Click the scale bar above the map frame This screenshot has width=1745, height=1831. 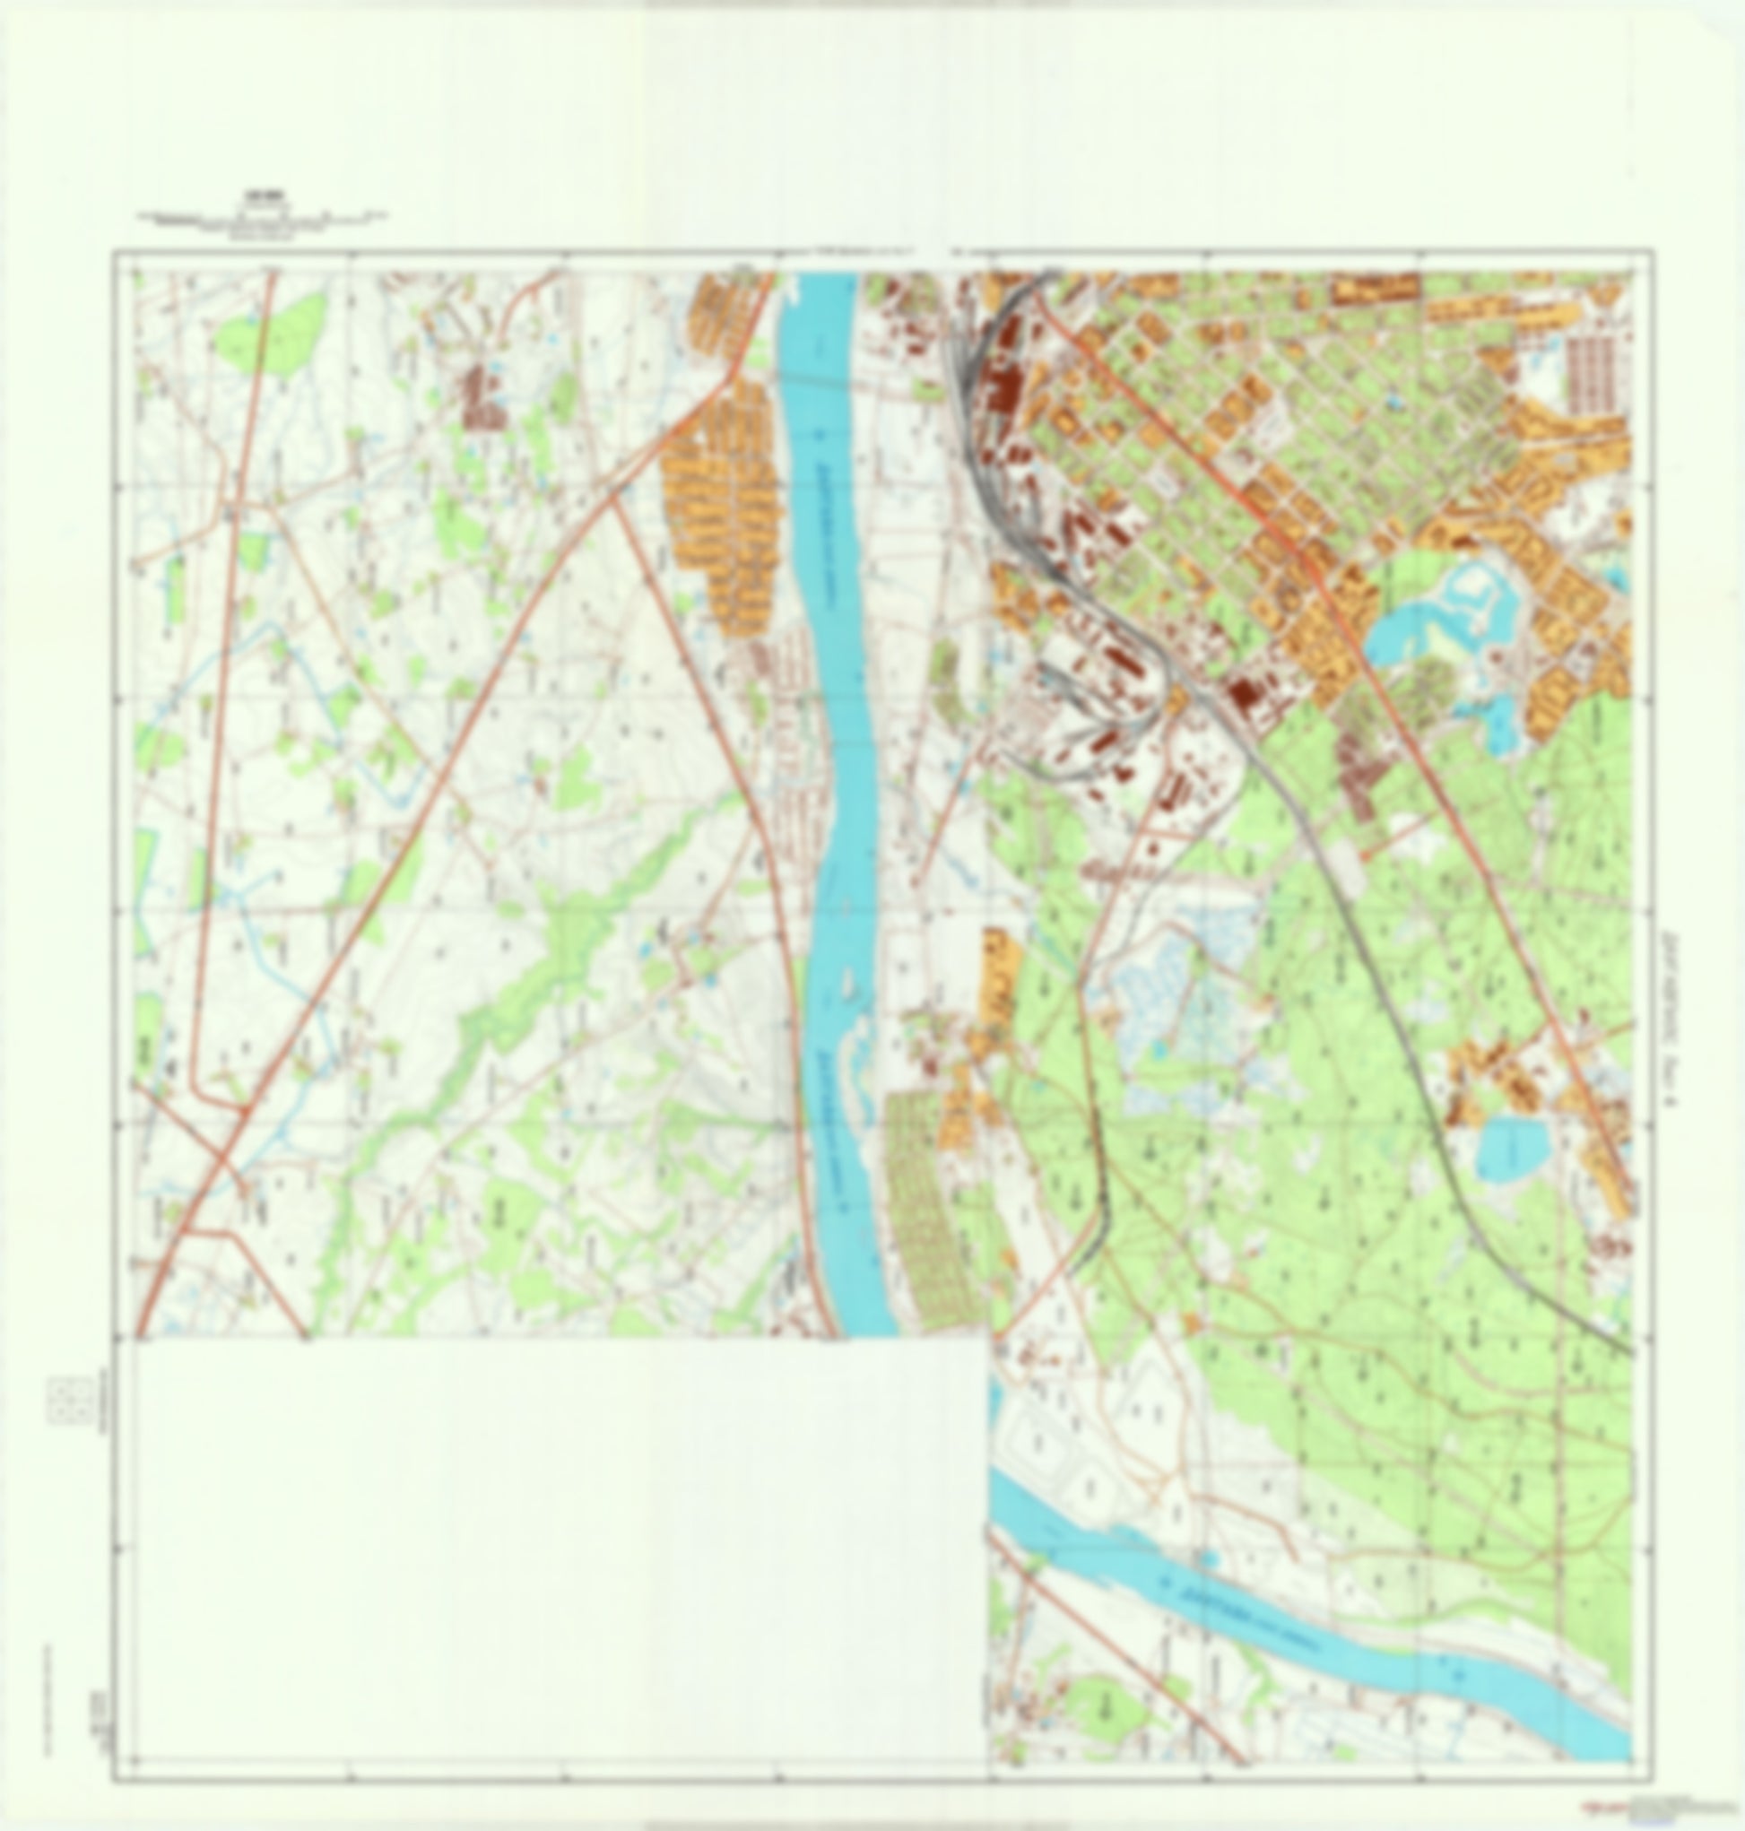click(264, 221)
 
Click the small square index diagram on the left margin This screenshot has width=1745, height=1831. click(70, 1401)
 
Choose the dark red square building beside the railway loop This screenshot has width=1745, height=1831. click(1244, 693)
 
